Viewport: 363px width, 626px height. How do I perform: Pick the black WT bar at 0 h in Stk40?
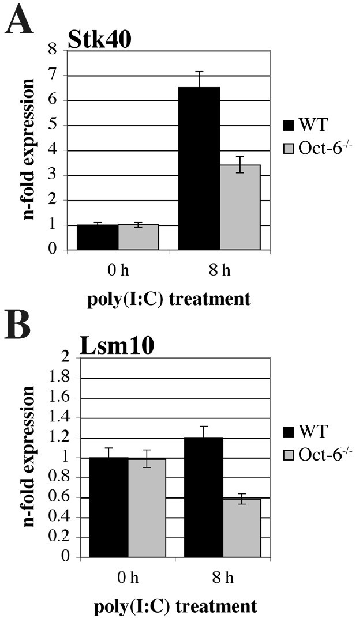pos(98,237)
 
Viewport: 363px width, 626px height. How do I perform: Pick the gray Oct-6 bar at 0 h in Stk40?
pos(139,237)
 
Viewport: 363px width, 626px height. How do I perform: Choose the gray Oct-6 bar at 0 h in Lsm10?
pos(147,508)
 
